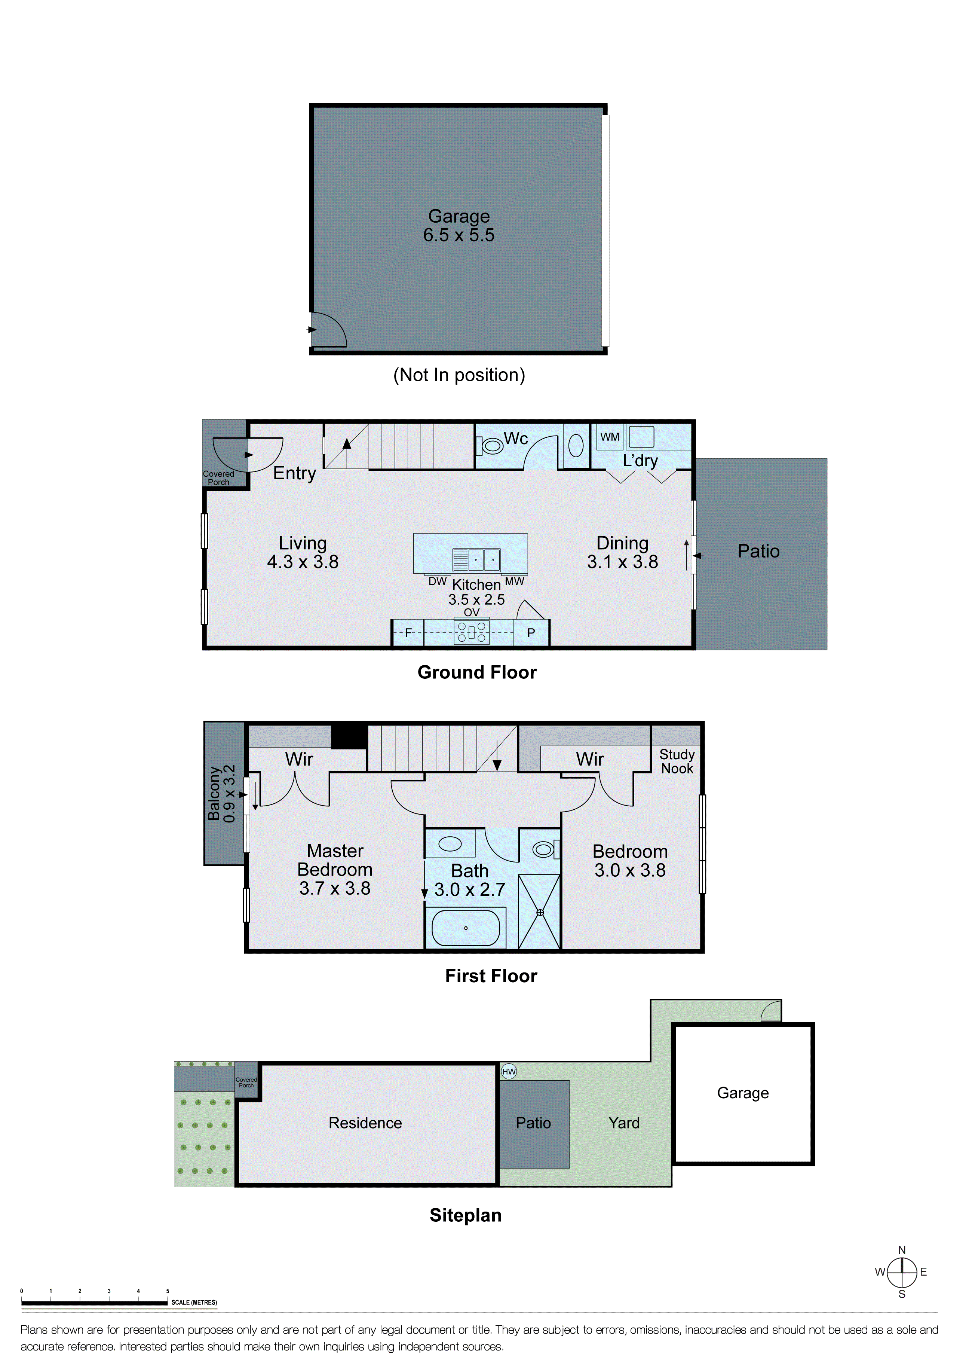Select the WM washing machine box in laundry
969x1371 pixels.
(609, 437)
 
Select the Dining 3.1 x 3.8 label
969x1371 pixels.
(622, 552)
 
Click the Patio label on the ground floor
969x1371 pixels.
(758, 551)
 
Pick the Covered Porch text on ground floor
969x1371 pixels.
(218, 478)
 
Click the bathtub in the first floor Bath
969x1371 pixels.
(465, 928)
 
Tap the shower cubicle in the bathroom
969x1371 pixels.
(539, 912)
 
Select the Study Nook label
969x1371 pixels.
(677, 761)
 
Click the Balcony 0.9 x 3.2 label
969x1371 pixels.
(221, 794)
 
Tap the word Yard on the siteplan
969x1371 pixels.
(623, 1123)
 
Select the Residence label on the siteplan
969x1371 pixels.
(365, 1123)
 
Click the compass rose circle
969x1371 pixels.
(902, 1273)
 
